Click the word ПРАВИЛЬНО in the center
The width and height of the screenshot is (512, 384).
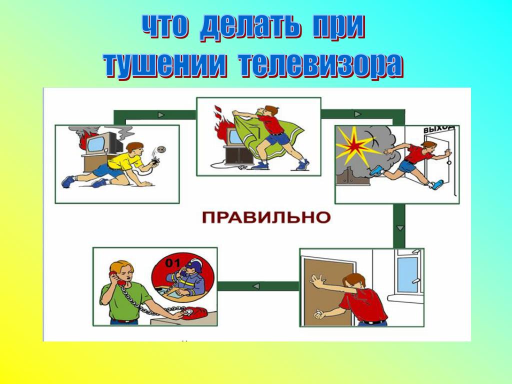click(266, 217)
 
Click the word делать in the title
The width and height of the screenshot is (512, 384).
click(249, 27)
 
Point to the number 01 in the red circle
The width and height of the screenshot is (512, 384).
click(172, 263)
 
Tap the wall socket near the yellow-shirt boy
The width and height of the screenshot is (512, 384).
click(161, 150)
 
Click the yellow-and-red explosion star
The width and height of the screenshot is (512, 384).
click(356, 145)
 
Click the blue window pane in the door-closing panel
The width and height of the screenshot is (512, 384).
click(407, 274)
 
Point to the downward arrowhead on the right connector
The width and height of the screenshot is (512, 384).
click(400, 228)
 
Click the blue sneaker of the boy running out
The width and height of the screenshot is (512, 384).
click(377, 171)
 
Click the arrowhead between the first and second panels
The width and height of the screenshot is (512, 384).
click(160, 115)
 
